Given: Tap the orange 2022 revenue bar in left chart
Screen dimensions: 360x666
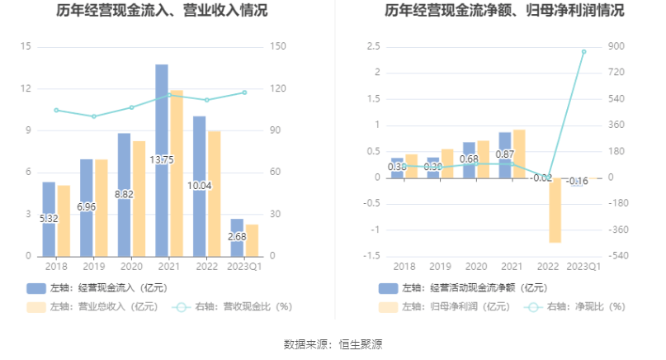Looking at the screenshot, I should pyautogui.click(x=214, y=193).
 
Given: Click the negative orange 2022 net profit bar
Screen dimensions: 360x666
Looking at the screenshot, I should pyautogui.click(x=555, y=210).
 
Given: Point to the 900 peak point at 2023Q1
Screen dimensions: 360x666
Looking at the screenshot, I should pyautogui.click(x=583, y=51).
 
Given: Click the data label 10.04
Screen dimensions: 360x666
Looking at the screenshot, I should pyautogui.click(x=200, y=185).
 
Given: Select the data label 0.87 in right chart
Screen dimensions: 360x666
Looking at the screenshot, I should pyautogui.click(x=505, y=154).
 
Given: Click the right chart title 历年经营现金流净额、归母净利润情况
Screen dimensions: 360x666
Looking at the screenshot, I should pyautogui.click(x=504, y=12).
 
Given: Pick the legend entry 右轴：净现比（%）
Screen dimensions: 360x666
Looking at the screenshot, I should pyautogui.click(x=579, y=306).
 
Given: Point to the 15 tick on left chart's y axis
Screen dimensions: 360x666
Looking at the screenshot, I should pyautogui.click(x=26, y=46).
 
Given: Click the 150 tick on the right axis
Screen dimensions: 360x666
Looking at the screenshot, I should pyautogui.click(x=278, y=46).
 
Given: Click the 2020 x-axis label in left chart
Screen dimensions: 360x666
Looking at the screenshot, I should pyautogui.click(x=131, y=266).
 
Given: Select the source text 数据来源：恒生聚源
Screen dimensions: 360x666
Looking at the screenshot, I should pyautogui.click(x=333, y=343).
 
